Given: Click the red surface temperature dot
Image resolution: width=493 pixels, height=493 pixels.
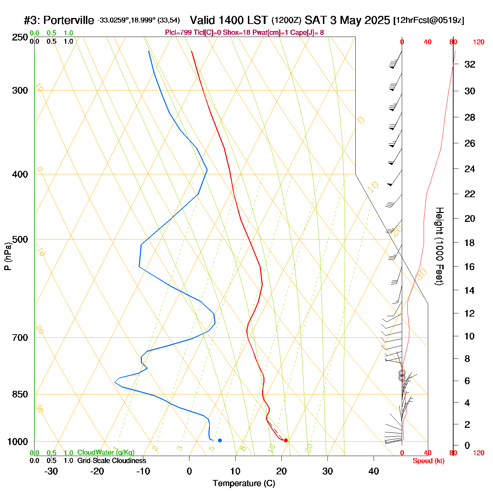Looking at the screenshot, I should pos(286,440).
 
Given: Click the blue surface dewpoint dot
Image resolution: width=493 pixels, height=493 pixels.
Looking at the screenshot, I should pos(220,440).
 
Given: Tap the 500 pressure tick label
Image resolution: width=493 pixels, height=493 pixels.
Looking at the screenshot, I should pos(20,239).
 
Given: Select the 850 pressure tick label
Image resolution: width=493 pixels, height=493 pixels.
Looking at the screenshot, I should pos(20,394).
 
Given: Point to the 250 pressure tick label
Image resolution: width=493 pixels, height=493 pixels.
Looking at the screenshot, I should pos(20,37).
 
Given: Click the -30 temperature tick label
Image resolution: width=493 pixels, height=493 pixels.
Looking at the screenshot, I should pos(51,471).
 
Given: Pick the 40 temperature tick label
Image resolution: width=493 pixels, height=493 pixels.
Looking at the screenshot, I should pos(374,471).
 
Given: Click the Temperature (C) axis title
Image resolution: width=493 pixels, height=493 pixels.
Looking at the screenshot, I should pos(244,483).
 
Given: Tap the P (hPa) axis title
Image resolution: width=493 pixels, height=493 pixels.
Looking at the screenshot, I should pos(8,256).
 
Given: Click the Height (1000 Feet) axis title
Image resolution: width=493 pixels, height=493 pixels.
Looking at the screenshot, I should pos(439,246).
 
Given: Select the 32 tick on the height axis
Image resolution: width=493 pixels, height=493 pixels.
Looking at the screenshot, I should pos(470,64).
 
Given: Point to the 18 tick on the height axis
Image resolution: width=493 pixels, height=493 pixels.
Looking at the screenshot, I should pos(470,243).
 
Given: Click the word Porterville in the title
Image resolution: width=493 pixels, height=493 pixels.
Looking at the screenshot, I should pos(69,20).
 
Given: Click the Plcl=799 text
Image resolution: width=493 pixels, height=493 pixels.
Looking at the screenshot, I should pos(179,33).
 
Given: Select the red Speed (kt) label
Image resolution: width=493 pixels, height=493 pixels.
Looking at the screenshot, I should pos(428,461).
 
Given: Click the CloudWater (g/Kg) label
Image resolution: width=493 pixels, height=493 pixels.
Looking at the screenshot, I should pos(106,453).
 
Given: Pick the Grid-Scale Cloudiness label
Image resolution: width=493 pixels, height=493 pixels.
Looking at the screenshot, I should pos(112,461).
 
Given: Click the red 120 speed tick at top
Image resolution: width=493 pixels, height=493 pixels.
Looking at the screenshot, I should pos(478,42).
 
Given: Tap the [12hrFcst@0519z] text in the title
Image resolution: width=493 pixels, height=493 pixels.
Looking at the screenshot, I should pos(429,20).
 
